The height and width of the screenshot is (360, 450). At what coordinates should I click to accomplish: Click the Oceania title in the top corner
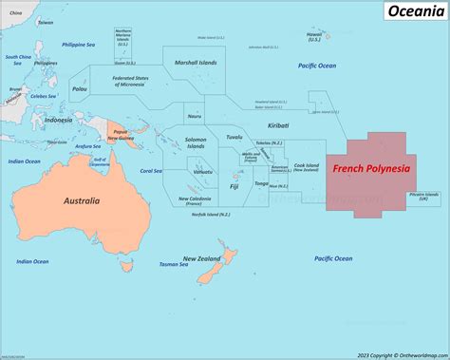point(414,10)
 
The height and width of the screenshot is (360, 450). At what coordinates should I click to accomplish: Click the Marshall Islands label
point(196,62)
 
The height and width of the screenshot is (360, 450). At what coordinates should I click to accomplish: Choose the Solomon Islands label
point(196,143)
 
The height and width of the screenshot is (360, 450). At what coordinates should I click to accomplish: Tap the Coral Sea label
point(151,171)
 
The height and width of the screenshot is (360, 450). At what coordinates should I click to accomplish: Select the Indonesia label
point(58,121)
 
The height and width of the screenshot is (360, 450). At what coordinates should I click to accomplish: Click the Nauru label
point(195,116)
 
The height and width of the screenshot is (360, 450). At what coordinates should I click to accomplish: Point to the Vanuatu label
point(201,185)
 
